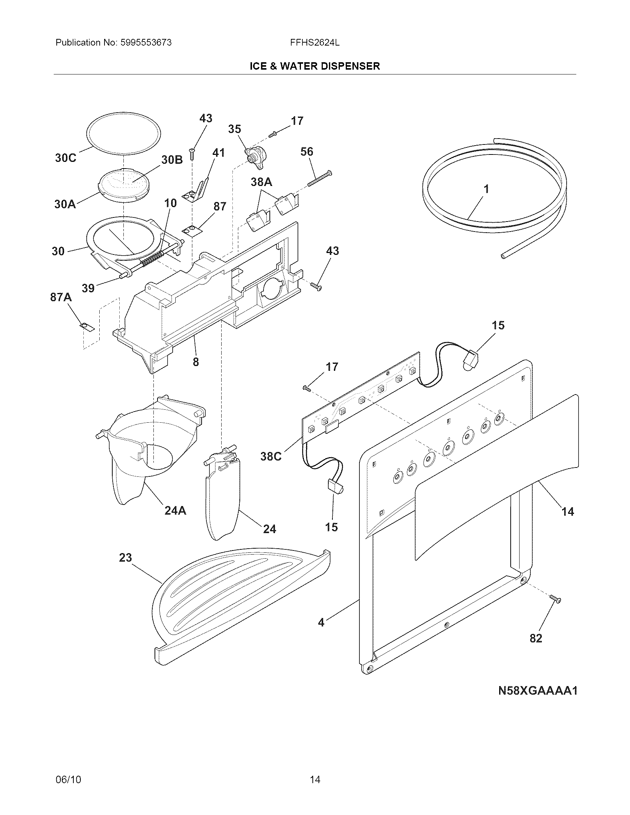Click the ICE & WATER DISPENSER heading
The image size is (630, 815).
314,66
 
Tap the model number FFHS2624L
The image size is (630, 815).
315,43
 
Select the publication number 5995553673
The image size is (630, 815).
146,43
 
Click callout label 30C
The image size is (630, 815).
66,158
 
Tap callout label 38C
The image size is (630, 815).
271,456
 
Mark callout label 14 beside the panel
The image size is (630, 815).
568,511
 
